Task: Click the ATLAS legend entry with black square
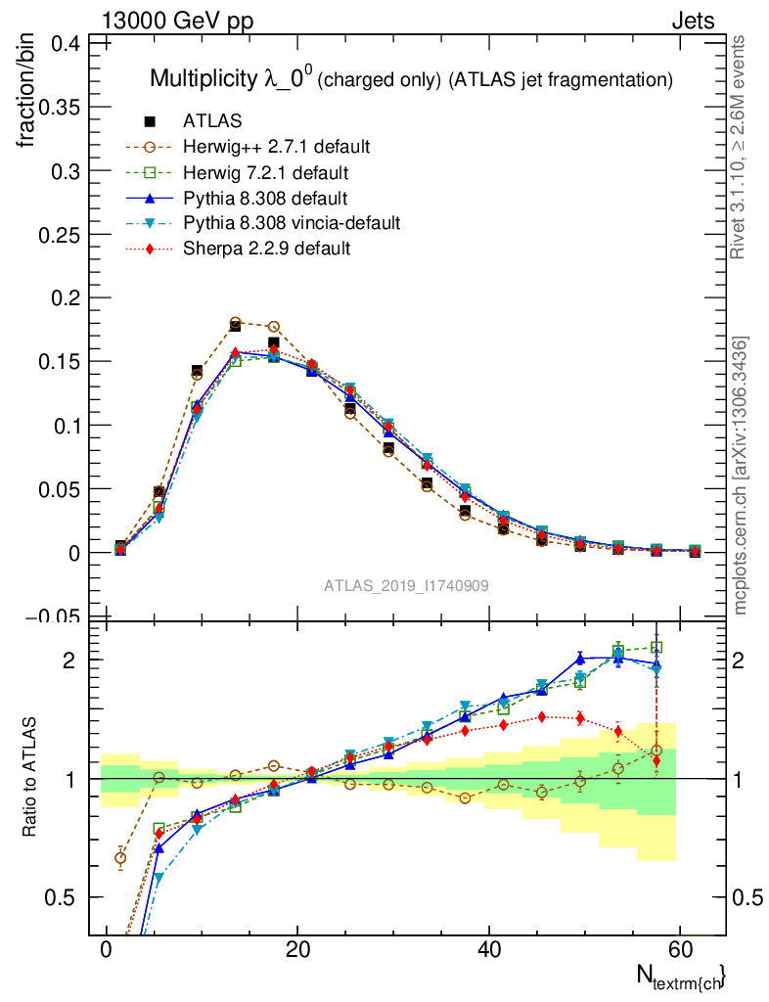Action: point(212,121)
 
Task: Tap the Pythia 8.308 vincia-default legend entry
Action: point(292,223)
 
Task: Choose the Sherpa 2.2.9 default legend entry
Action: point(266,249)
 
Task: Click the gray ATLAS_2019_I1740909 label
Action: point(406,585)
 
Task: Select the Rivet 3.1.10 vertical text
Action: point(739,147)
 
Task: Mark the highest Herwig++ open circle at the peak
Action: point(235,322)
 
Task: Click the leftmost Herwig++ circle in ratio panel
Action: point(120,858)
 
